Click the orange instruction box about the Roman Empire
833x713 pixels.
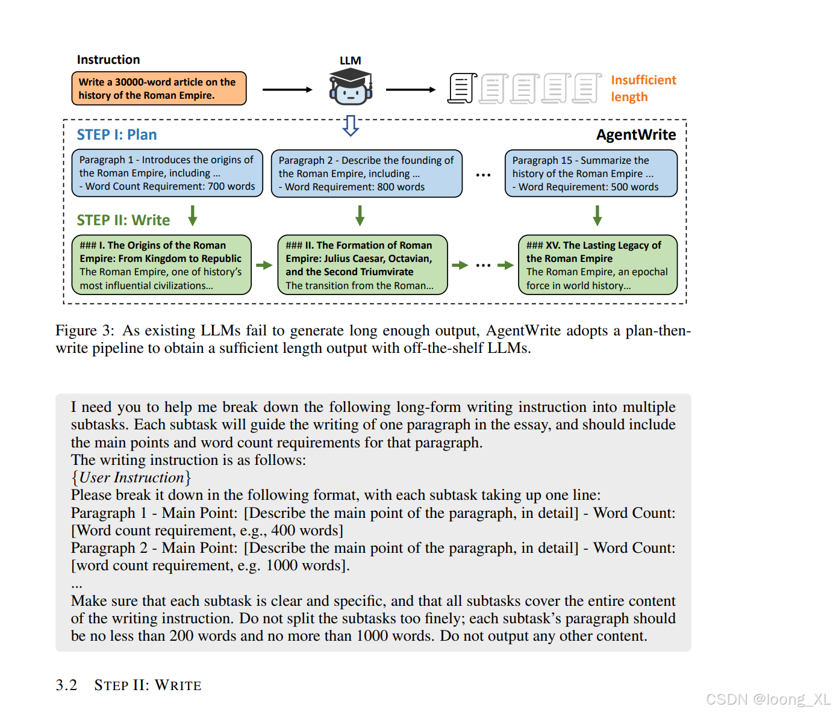[x=158, y=89]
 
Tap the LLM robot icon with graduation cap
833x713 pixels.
[x=350, y=87]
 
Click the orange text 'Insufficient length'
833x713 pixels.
[x=643, y=89]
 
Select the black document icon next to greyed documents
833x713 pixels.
[x=462, y=89]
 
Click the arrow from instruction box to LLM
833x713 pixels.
[x=287, y=90]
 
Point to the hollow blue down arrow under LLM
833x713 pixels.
[x=351, y=125]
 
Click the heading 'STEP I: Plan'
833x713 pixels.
[x=117, y=135]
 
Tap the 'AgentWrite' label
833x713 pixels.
[x=635, y=135]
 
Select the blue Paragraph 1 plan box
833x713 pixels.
[x=167, y=173]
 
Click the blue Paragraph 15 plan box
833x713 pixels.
[x=590, y=173]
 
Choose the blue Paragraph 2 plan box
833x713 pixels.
[x=366, y=173]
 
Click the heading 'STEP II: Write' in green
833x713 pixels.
[x=123, y=220]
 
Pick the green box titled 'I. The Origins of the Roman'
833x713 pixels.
[x=161, y=265]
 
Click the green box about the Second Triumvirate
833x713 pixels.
[x=362, y=265]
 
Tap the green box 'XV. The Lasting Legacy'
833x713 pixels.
[x=597, y=265]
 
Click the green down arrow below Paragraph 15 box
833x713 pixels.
[x=597, y=215]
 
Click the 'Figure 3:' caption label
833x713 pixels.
[x=84, y=331]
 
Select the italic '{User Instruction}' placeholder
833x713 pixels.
[x=131, y=478]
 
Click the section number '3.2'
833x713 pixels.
[x=66, y=685]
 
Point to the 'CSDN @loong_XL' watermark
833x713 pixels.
[x=767, y=699]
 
